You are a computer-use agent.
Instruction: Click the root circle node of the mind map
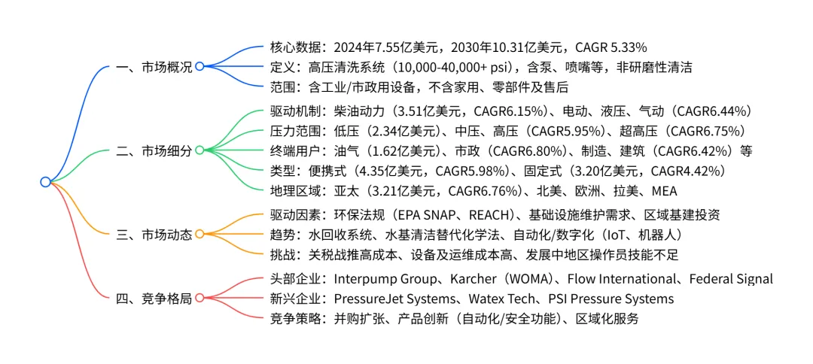[45, 182]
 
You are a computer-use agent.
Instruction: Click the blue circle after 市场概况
[199, 67]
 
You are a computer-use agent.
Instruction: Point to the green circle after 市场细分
[199, 150]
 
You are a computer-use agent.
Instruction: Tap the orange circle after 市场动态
[199, 234]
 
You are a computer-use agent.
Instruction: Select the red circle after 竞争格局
[199, 298]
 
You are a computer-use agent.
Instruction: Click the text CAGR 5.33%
[611, 47]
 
